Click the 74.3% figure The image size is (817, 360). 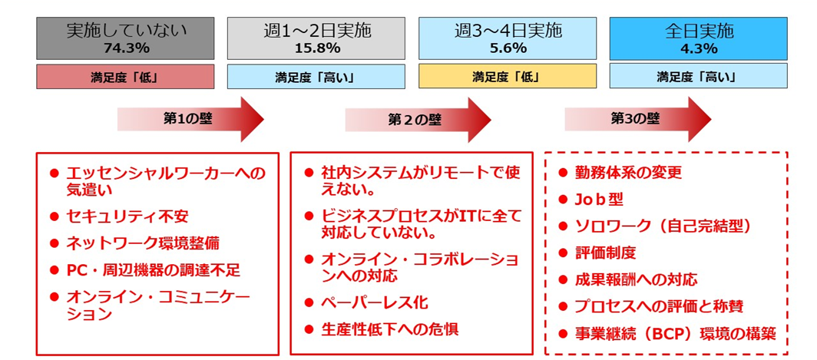click(x=126, y=48)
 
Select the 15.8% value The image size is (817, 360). click(x=316, y=48)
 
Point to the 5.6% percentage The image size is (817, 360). click(x=507, y=48)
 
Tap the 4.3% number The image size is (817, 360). click(x=698, y=48)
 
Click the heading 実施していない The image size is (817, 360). click(x=126, y=31)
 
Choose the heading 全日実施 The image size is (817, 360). click(x=698, y=31)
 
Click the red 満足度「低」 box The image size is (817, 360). click(x=126, y=77)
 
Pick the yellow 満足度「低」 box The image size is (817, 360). click(x=507, y=77)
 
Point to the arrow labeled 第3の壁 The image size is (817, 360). click(x=637, y=119)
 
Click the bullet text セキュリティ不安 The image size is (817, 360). click(x=127, y=217)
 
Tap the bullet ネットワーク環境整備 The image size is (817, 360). click(x=142, y=243)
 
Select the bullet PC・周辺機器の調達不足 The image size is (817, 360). click(x=153, y=269)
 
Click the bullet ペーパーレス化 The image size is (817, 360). click(x=374, y=302)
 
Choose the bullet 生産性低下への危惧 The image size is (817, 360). click(x=389, y=329)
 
